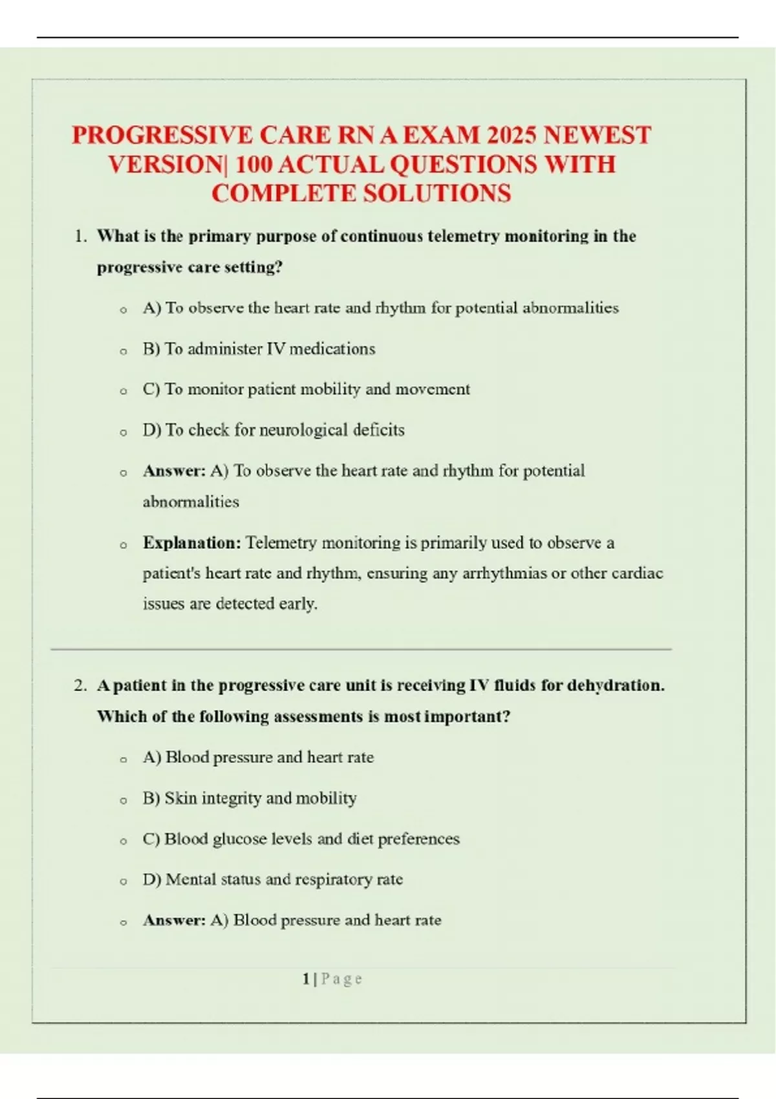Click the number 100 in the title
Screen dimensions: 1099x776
tap(253, 165)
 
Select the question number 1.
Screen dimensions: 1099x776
tap(80, 237)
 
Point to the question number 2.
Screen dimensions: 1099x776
tap(80, 686)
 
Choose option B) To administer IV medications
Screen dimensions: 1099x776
tap(259, 349)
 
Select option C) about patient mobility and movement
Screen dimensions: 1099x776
tap(306, 389)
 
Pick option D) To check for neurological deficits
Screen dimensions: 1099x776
tap(274, 430)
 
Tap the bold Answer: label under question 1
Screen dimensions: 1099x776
tap(174, 471)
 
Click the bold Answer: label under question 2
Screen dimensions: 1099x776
tap(174, 921)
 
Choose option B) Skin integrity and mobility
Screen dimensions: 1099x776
tap(250, 798)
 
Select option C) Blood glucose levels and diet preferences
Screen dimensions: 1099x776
tap(301, 839)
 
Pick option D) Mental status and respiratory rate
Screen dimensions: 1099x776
tap(272, 880)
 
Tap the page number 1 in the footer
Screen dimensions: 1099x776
tap(306, 979)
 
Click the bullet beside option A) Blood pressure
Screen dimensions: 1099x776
tap(123, 760)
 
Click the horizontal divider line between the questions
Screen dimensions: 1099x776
tap(361, 648)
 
